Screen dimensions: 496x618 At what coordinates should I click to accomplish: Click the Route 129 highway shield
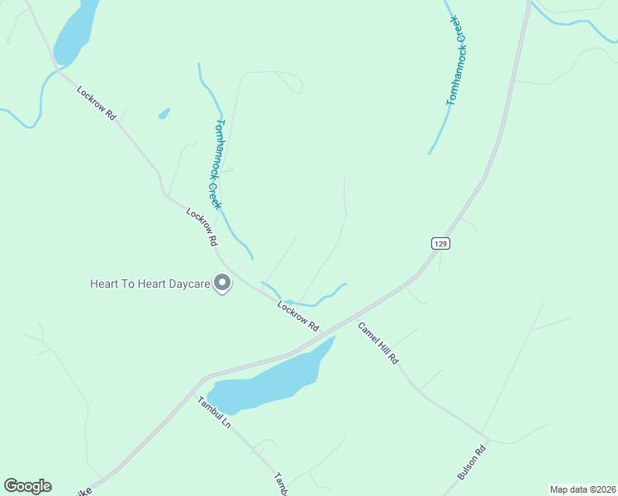pos(440,243)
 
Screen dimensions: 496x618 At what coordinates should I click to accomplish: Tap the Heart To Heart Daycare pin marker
pos(222,284)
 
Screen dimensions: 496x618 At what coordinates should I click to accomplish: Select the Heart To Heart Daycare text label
pos(149,284)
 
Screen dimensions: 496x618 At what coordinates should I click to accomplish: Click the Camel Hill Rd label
pos(378,343)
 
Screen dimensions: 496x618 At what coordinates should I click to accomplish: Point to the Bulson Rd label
pos(473,460)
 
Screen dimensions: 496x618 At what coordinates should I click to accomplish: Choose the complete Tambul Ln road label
pos(213,412)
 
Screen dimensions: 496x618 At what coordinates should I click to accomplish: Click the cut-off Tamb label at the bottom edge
pos(281,484)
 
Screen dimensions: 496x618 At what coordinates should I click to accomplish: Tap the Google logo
pos(27,486)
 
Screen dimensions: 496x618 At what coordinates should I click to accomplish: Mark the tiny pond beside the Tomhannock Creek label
pos(164,113)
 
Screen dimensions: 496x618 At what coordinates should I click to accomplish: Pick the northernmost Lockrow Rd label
pos(97,104)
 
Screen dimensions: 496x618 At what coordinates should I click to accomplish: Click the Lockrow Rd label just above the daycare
pos(202,228)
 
